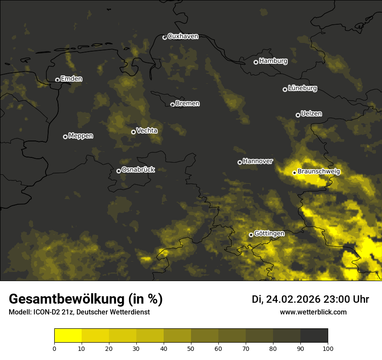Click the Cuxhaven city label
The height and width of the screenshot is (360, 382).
[183, 36]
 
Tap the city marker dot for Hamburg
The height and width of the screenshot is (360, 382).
[256, 62]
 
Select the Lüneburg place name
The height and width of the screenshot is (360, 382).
[302, 88]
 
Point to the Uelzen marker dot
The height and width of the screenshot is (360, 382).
[298, 115]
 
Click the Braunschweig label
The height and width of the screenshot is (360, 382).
[319, 172]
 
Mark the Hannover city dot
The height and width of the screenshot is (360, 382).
[240, 162]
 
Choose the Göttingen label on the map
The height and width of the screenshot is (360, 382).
[269, 234]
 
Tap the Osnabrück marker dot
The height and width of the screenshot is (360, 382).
[119, 171]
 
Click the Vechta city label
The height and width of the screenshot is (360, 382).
[147, 131]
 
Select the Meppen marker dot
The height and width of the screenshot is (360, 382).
[65, 137]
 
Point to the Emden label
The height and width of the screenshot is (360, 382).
[71, 79]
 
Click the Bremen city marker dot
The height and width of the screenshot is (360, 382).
[172, 105]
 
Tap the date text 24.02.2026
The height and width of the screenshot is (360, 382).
[293, 299]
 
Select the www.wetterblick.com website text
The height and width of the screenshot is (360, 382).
[313, 312]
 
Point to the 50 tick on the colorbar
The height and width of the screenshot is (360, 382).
[191, 348]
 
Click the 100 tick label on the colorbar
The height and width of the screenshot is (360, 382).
[328, 348]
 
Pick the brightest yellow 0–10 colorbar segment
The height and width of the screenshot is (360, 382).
[68, 336]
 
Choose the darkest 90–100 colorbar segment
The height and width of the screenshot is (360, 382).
[314, 336]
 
